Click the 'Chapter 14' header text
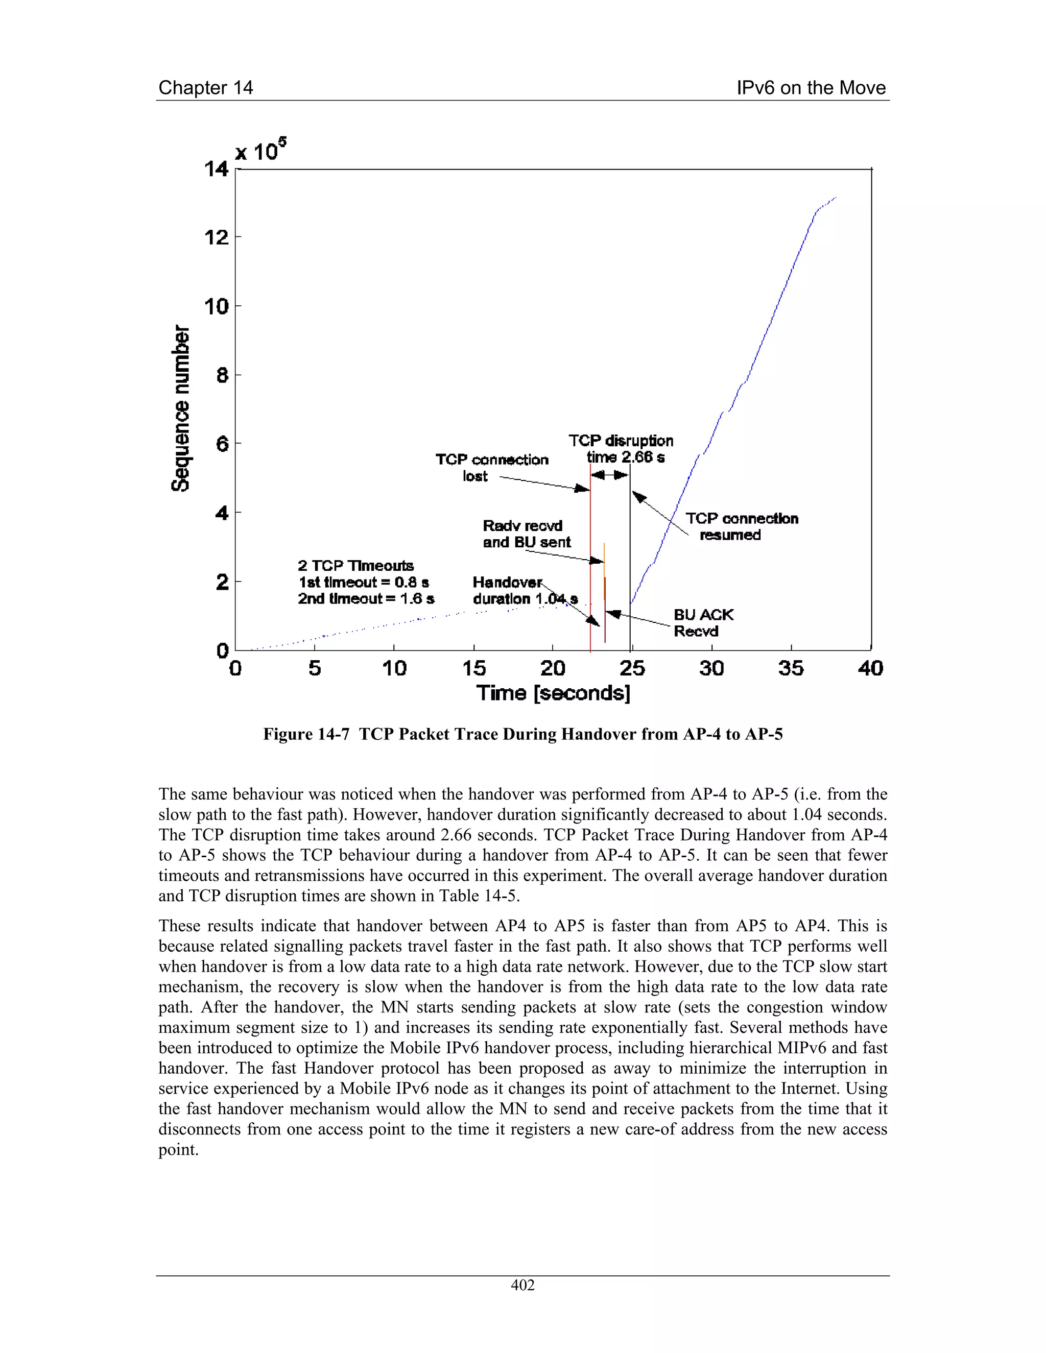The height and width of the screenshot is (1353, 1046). coord(206,87)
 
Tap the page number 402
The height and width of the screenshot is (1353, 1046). coord(522,1285)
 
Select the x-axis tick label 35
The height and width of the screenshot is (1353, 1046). coord(791,668)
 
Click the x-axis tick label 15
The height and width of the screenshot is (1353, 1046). coord(473,668)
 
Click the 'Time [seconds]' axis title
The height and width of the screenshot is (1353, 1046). coord(553,693)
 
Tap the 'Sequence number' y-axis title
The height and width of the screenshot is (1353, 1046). coord(180,408)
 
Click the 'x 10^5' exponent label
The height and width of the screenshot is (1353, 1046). coord(260,151)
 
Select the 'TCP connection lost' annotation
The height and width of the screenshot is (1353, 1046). coord(491,468)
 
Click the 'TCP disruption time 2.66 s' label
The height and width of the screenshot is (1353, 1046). coord(621,449)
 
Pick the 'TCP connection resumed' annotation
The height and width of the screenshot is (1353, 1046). coord(741,526)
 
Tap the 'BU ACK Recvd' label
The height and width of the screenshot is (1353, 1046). coord(703,622)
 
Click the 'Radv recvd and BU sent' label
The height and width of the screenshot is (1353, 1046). coord(526,534)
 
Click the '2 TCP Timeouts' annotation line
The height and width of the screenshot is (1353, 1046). coord(355,566)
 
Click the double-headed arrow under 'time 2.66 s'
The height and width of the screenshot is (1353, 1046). coord(609,475)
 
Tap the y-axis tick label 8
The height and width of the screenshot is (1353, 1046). coord(221,375)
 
